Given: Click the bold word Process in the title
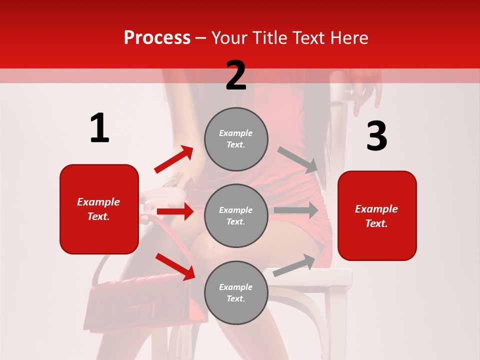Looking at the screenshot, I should pyautogui.click(x=157, y=38).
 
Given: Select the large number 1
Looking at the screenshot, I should pyautogui.click(x=99, y=128).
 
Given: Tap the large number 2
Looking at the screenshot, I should pyautogui.click(x=236, y=75).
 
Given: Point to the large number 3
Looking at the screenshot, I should pyautogui.click(x=376, y=136).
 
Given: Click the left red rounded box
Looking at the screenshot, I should pyautogui.click(x=99, y=209).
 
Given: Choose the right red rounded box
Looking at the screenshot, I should pyautogui.click(x=377, y=215).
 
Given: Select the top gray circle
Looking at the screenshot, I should pyautogui.click(x=236, y=139).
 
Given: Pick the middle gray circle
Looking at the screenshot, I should pyautogui.click(x=236, y=215).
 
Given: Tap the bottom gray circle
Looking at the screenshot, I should pyautogui.click(x=236, y=292).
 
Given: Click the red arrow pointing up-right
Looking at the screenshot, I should pyautogui.click(x=173, y=159).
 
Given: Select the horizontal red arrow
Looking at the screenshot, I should pyautogui.click(x=175, y=211).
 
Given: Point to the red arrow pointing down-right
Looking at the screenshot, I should pyautogui.click(x=175, y=266).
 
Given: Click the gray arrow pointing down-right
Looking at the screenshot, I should pyautogui.click(x=298, y=159).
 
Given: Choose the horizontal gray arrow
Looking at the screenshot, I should pyautogui.click(x=296, y=210).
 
